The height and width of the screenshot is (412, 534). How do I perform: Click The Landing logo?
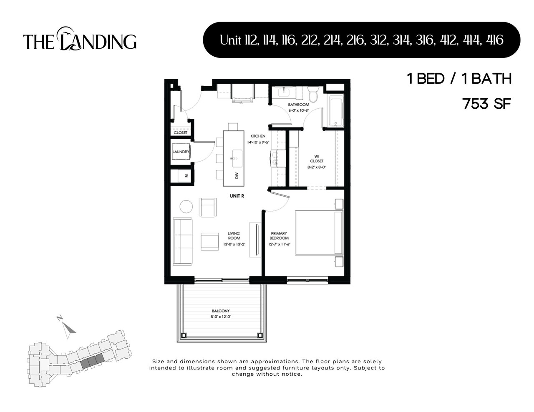80,40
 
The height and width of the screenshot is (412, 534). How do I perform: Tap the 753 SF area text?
487,104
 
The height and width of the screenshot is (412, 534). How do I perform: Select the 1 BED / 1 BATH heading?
459,79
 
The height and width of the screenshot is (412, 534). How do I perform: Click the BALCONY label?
221,311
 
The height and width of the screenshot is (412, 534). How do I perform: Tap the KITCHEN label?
258,136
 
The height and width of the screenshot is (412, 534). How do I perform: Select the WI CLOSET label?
316,159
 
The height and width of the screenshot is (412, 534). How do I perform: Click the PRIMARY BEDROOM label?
279,236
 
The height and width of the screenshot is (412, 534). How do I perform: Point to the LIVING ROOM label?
234,236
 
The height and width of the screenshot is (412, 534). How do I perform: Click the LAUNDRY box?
181,152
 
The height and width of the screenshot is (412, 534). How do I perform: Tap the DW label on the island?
237,176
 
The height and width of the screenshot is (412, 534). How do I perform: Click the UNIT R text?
237,196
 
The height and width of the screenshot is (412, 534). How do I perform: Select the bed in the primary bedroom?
319,232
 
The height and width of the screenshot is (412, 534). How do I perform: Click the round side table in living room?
186,207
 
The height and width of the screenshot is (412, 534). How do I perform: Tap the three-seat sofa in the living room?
182,241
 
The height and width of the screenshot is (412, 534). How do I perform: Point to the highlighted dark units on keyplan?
91,361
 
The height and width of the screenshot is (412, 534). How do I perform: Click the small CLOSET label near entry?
181,132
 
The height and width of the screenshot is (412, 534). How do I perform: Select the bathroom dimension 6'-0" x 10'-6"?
298,110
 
